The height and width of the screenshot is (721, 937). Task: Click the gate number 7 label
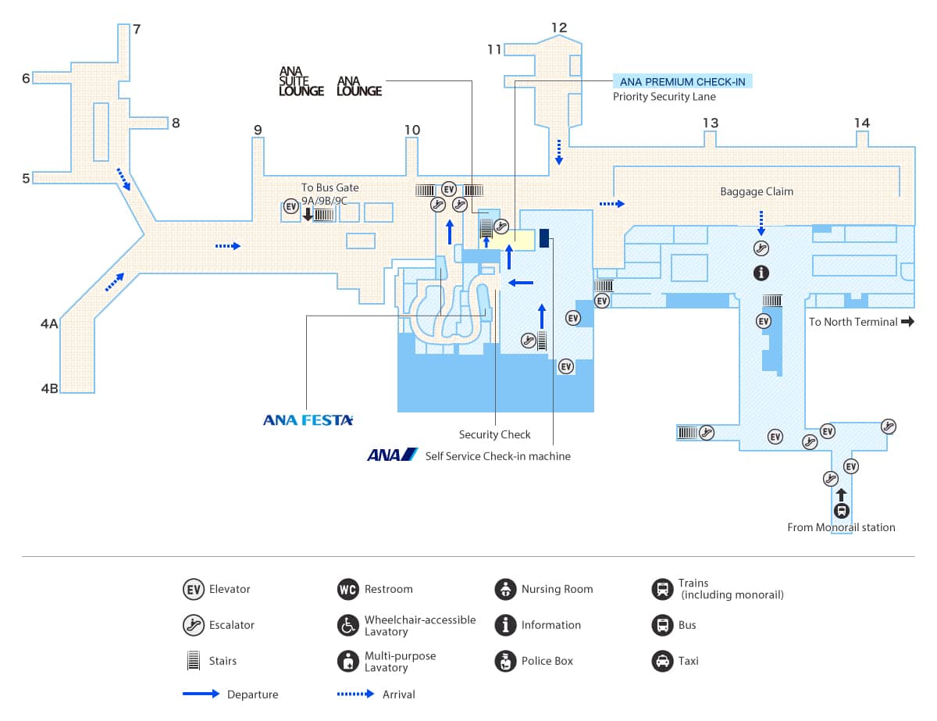tap(137, 30)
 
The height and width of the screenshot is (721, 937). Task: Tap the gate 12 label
tap(559, 27)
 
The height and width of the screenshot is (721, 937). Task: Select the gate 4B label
tap(50, 388)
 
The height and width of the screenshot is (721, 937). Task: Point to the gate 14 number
tap(862, 123)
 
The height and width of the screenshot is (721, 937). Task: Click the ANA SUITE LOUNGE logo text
tap(301, 81)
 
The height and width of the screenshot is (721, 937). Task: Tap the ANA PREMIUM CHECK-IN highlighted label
tap(682, 81)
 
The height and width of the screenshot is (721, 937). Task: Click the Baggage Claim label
tap(757, 191)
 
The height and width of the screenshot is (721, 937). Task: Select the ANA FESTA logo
tap(308, 420)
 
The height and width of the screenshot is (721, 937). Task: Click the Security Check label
tap(494, 434)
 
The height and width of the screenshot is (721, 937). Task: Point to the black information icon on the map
tap(761, 273)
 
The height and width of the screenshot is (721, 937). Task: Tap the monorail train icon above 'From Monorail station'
tap(841, 511)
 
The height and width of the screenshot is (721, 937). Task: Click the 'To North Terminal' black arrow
tap(907, 321)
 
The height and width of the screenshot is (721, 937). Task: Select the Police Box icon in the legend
tap(505, 661)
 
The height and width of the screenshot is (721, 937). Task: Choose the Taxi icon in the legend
tap(662, 661)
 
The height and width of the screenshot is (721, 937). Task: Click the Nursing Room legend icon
tap(505, 589)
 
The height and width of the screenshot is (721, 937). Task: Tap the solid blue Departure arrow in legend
tap(201, 694)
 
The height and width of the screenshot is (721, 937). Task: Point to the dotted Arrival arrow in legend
tap(355, 694)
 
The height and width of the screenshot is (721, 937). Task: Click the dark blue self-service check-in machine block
tap(544, 238)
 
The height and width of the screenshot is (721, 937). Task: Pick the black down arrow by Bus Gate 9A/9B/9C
tap(308, 214)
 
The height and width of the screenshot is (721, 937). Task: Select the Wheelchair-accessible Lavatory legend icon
tap(348, 625)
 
